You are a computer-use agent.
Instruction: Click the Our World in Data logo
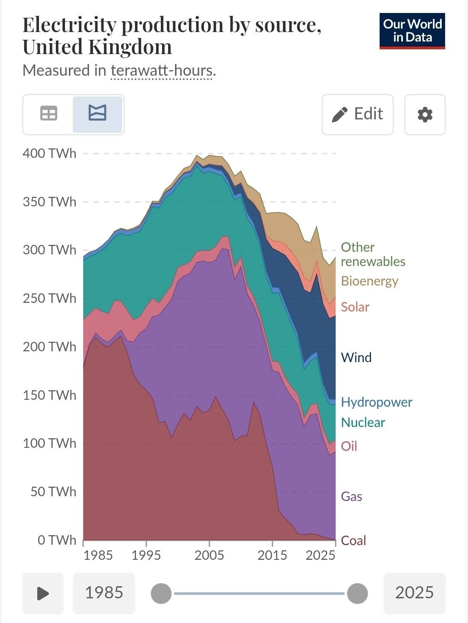point(412,31)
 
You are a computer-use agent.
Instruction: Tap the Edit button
point(357,114)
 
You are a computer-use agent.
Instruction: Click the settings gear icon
point(425,115)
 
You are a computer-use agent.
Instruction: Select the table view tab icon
point(49,114)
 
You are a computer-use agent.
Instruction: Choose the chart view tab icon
point(97,114)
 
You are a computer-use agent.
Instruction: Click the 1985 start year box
point(104,593)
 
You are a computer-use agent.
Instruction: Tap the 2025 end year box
point(414,593)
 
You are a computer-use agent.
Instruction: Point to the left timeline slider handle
point(161,593)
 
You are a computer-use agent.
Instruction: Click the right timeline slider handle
point(357,593)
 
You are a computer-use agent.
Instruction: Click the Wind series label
point(356,357)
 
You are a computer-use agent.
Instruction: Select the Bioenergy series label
point(369,281)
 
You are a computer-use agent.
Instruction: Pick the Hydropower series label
point(376,402)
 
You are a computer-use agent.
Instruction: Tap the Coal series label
point(353,540)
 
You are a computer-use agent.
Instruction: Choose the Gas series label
point(351,496)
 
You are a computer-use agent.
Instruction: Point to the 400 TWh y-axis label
point(49,154)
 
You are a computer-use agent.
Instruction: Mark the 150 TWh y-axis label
point(49,395)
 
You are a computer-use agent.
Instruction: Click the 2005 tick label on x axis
point(209,555)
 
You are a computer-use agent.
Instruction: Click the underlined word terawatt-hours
point(162,70)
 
